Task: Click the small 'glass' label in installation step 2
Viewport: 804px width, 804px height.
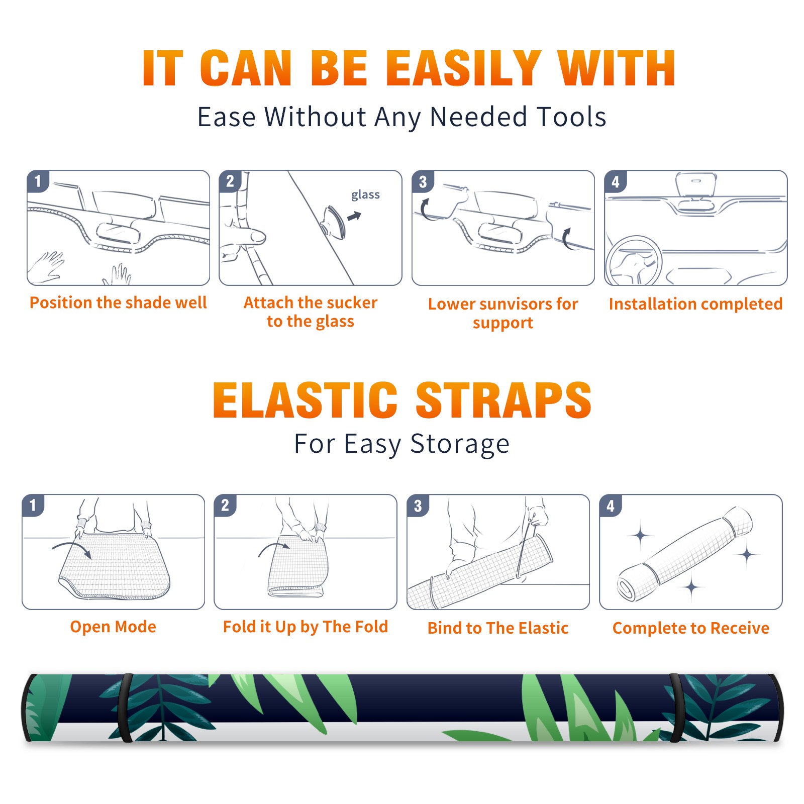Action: click(x=365, y=194)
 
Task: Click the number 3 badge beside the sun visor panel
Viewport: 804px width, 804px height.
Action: click(x=423, y=181)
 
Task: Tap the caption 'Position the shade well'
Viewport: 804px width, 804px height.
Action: click(x=118, y=303)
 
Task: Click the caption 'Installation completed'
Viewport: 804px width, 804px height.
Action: click(x=695, y=304)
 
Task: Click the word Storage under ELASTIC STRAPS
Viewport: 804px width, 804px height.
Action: click(x=460, y=444)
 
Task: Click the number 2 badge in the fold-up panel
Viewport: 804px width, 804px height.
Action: click(x=225, y=505)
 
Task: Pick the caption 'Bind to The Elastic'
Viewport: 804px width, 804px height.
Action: click(x=498, y=628)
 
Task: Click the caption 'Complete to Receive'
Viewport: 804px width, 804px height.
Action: click(x=691, y=628)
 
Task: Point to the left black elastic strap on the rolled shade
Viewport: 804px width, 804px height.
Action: click(x=126, y=708)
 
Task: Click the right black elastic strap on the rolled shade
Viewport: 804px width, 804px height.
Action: click(x=676, y=708)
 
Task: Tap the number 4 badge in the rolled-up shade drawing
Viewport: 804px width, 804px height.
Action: click(x=611, y=506)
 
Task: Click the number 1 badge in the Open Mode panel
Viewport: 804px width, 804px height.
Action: click(x=33, y=505)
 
